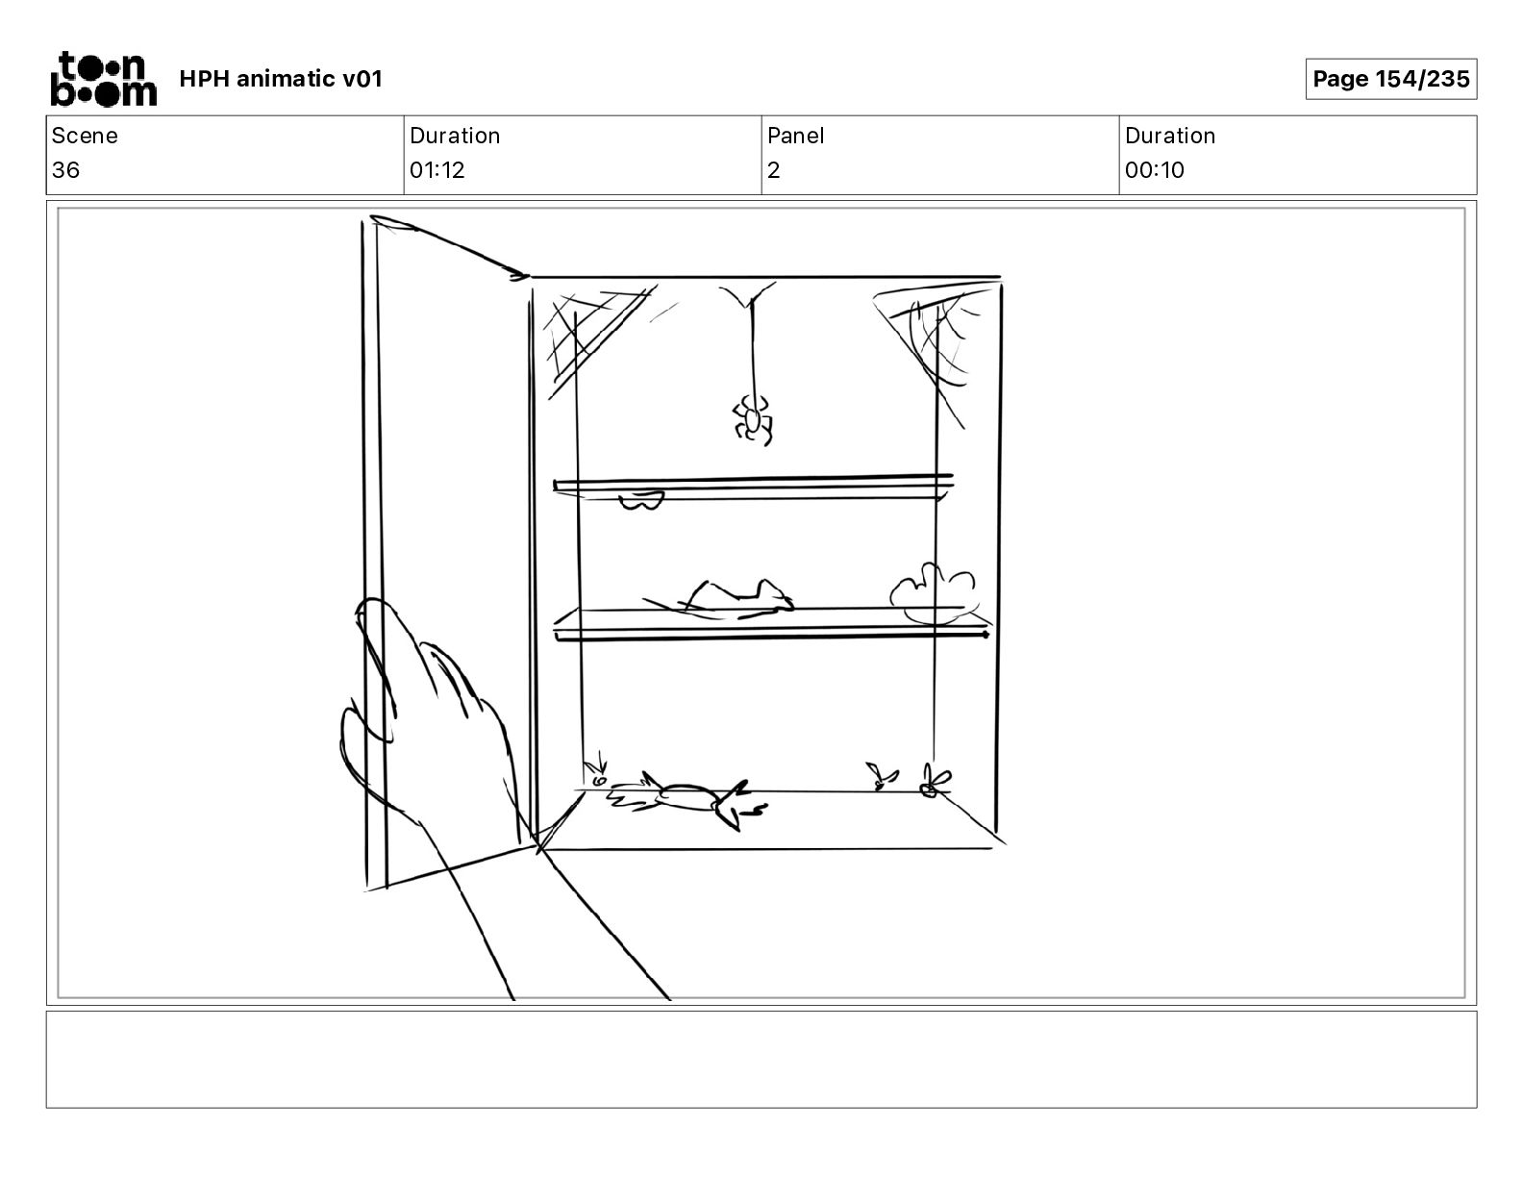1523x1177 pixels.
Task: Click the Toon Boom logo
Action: tap(103, 79)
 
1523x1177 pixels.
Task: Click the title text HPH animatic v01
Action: tap(281, 79)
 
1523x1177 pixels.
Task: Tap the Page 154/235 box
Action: tap(1390, 79)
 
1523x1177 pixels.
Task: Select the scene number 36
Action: tap(65, 170)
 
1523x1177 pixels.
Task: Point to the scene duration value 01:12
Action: tap(437, 170)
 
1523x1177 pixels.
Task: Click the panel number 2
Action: tap(773, 170)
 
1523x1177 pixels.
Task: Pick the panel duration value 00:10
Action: tap(1154, 170)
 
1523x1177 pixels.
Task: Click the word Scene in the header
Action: tap(85, 136)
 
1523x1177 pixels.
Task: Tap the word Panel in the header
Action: tap(795, 136)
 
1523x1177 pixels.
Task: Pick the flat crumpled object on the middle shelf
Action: tap(731, 598)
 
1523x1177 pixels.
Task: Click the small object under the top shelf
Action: tap(640, 500)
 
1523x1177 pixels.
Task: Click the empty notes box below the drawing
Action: tap(761, 1059)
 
